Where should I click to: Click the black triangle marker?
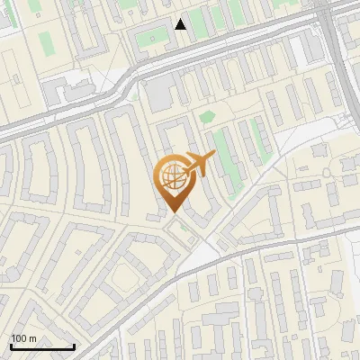click(x=181, y=24)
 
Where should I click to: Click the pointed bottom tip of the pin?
click(x=173, y=211)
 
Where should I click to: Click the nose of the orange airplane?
click(x=213, y=156)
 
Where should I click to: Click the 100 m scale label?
click(x=23, y=338)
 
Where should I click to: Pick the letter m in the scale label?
click(x=31, y=338)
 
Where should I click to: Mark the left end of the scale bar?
click(x=10, y=346)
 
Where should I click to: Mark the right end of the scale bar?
click(x=74, y=346)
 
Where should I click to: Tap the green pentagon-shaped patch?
click(x=207, y=116)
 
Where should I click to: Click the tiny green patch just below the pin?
click(x=184, y=227)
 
